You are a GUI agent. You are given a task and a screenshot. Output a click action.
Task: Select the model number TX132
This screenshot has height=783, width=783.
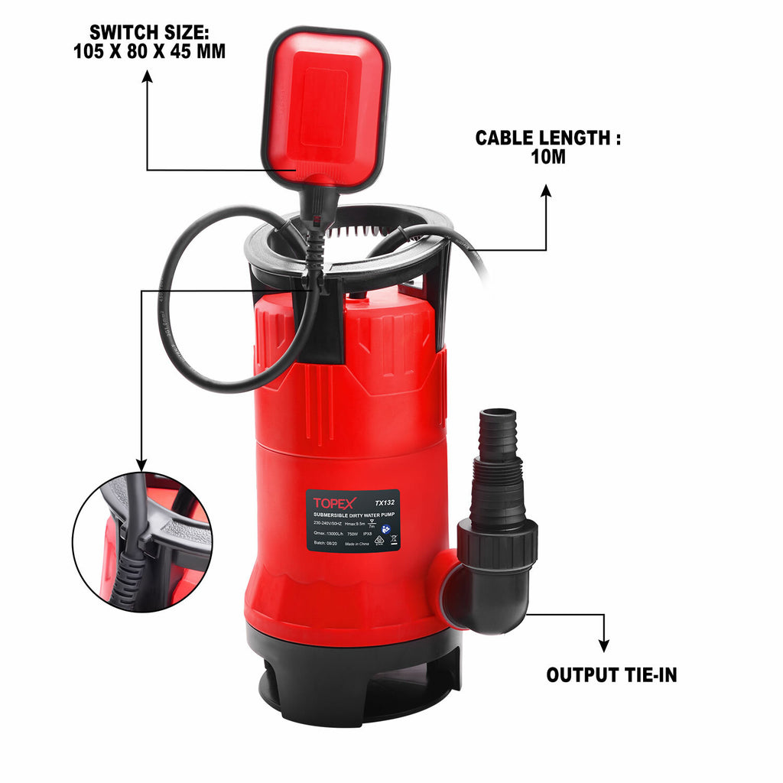(x=385, y=503)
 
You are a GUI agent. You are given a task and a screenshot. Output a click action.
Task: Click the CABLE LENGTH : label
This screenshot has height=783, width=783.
(x=547, y=138)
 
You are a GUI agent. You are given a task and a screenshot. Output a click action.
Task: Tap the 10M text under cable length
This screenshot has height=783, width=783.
(x=547, y=158)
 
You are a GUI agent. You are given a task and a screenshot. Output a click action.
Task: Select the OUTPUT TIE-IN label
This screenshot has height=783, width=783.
(x=611, y=675)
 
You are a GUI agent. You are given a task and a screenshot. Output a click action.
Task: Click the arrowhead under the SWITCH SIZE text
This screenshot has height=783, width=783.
(x=147, y=76)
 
